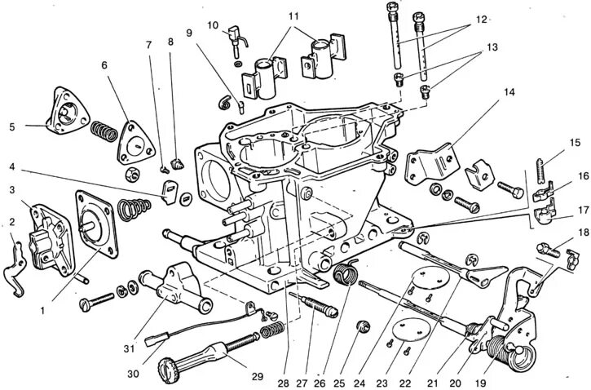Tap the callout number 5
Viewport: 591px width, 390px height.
pyautogui.click(x=11, y=126)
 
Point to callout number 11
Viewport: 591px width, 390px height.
pyautogui.click(x=293, y=16)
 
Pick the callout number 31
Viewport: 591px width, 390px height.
pyautogui.click(x=129, y=326)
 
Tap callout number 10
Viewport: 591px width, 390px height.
pyautogui.click(x=213, y=26)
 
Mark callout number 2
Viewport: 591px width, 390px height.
pyautogui.click(x=11, y=220)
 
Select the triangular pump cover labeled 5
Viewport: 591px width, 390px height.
pyautogui.click(x=62, y=112)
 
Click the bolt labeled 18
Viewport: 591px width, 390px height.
pyautogui.click(x=549, y=249)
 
